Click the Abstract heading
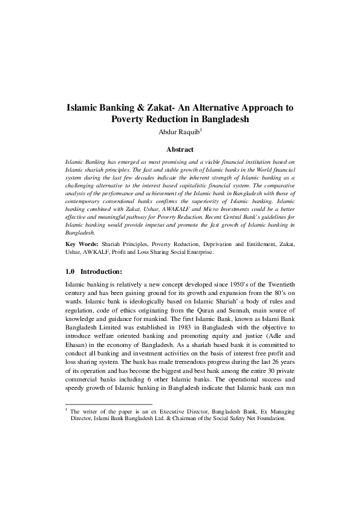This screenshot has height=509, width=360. tap(180, 149)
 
